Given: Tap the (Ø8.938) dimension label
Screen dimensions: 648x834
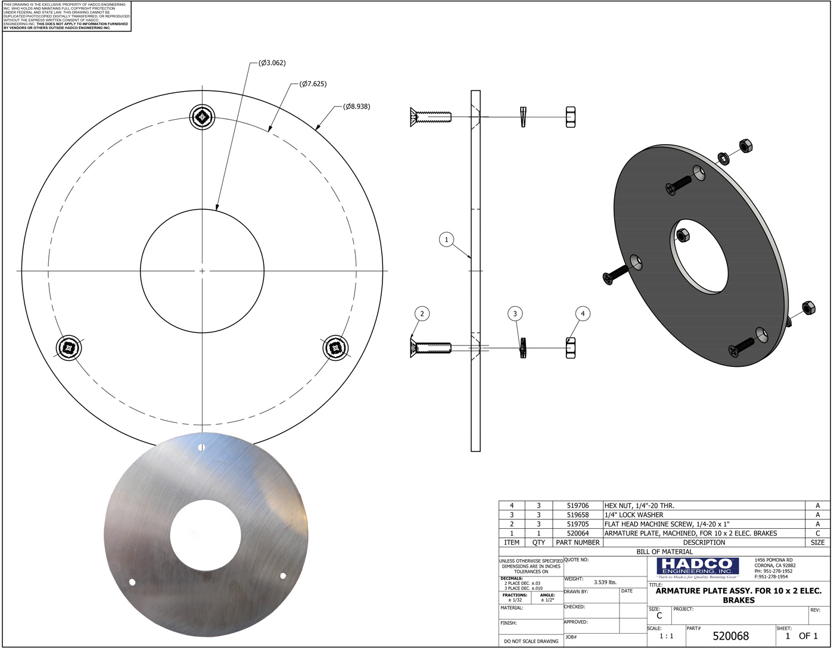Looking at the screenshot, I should click(356, 107).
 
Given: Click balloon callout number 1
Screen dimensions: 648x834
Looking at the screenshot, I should click(446, 240).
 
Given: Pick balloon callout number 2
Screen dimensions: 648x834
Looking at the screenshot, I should click(422, 313).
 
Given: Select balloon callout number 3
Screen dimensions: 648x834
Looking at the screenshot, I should click(515, 313).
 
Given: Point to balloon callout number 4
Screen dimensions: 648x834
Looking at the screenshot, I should click(583, 313).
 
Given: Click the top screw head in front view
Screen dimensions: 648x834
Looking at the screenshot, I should click(202, 117).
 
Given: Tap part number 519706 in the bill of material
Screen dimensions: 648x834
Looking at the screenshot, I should click(577, 506).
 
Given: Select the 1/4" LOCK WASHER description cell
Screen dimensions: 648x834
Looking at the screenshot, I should click(634, 515).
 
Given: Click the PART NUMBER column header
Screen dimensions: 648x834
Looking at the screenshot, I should click(577, 543).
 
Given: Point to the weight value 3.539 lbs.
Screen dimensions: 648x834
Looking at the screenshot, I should click(605, 582).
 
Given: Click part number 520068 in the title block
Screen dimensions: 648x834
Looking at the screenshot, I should click(730, 636).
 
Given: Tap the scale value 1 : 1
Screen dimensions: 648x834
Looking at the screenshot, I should click(666, 636).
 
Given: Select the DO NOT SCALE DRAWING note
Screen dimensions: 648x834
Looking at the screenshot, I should click(531, 641).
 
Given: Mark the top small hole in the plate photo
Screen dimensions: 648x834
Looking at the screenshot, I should click(201, 447).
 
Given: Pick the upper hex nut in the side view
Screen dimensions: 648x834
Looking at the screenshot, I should click(571, 117).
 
